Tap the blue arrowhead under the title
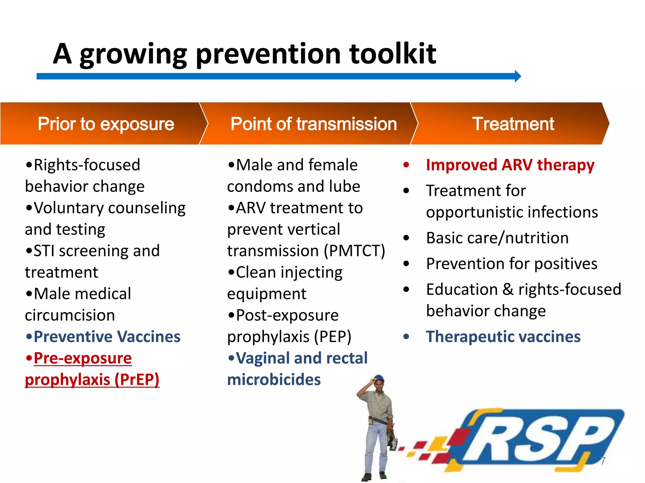(517, 76)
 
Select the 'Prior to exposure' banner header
(106, 124)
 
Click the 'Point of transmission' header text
(313, 124)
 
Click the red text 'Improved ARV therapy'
(510, 165)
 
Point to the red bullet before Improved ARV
(406, 165)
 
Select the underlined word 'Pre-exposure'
(83, 358)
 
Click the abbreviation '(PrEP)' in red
(137, 380)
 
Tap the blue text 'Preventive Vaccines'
(107, 337)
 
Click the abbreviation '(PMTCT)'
(355, 251)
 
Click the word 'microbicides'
(274, 380)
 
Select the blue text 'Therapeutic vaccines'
(503, 337)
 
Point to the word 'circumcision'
(70, 315)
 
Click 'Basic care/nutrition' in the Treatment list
(497, 238)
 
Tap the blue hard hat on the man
(379, 378)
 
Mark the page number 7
(603, 461)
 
